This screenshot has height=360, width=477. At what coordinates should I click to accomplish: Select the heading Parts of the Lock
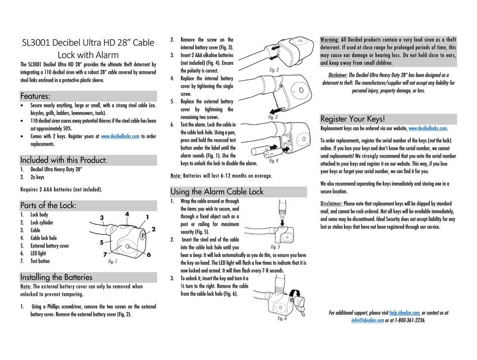tap(48, 205)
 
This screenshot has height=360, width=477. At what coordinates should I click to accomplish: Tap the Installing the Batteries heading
tap(56, 277)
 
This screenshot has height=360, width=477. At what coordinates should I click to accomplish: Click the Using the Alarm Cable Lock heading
tap(216, 191)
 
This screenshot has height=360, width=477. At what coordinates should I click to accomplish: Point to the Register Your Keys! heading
tap(353, 119)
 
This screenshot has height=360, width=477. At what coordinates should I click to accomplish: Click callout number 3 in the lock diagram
tap(101, 217)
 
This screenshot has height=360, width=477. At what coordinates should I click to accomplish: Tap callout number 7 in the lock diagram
tap(105, 255)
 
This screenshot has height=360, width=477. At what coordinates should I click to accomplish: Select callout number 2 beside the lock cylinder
tap(153, 229)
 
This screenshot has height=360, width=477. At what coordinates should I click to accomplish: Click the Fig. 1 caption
tap(112, 262)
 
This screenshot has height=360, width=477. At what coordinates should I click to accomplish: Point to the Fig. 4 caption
tap(273, 161)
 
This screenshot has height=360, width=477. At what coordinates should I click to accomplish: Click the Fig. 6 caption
tap(282, 318)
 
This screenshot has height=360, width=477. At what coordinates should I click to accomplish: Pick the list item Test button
tap(40, 261)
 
